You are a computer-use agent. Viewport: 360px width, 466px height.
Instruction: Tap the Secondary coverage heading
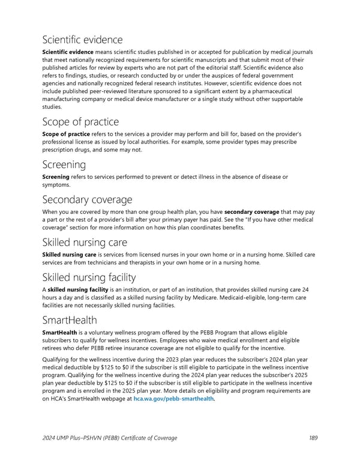click(87, 199)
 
